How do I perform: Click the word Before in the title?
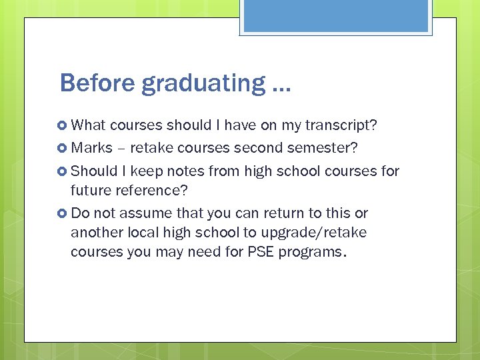98,83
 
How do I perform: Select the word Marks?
91,147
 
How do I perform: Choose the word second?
263,147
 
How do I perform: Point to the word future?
90,191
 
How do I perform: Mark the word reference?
151,191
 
